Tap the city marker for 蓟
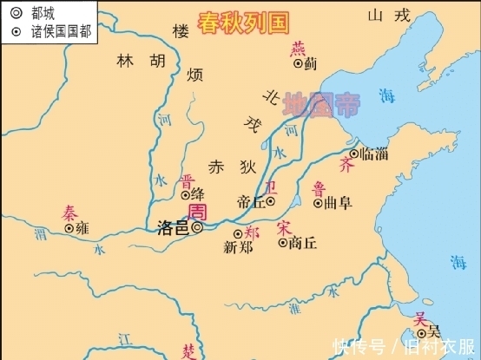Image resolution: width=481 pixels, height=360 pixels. (x=299, y=62)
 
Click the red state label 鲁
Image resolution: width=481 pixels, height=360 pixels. (x=320, y=187)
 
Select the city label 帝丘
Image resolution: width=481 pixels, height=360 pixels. (x=250, y=202)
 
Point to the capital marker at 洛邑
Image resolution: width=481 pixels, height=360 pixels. (x=197, y=227)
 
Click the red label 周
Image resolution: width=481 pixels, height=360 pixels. (x=198, y=211)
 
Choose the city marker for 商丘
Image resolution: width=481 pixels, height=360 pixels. (x=283, y=243)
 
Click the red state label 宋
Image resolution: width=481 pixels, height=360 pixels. (x=283, y=229)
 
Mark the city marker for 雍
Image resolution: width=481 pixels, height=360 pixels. (x=69, y=229)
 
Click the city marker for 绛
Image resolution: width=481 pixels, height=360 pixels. (x=185, y=195)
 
